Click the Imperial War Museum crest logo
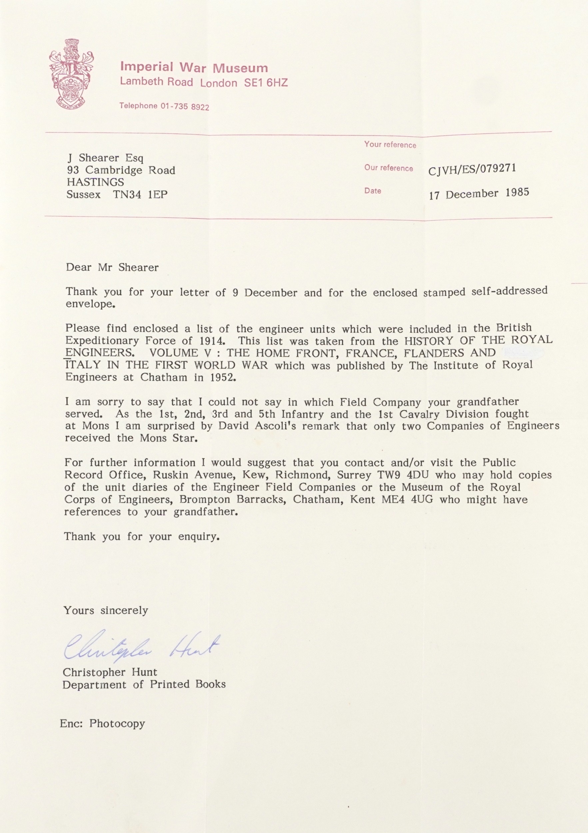72,74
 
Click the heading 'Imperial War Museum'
194,68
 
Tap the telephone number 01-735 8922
185,107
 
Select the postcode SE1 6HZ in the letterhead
266,83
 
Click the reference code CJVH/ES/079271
472,169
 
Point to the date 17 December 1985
479,194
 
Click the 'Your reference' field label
390,145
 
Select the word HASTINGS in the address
95,182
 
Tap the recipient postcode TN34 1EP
140,195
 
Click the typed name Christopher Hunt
110,672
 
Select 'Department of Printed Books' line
144,685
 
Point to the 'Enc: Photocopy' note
102,713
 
